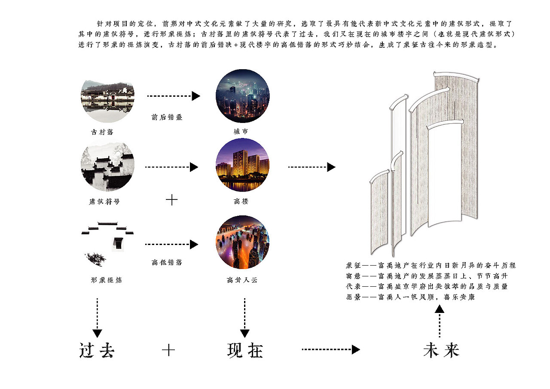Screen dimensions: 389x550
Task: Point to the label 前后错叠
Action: coord(167,117)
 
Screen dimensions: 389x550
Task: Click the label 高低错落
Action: coord(167,262)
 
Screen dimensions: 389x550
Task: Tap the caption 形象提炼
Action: coord(107,280)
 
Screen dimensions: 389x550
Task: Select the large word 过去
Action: coord(97,351)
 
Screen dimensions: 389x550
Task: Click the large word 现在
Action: coord(245,351)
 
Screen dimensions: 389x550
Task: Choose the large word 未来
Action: coord(441,351)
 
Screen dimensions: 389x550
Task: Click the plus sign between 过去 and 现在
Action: coord(168,350)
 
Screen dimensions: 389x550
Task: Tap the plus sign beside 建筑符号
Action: coord(171,199)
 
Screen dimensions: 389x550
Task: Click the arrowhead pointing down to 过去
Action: coord(98,333)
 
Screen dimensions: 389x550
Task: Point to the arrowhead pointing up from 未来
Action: coord(439,309)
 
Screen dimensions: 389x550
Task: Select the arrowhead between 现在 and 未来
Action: coord(355,350)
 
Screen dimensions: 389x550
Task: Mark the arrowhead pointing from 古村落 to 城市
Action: coord(196,96)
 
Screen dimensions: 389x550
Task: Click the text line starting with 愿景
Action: coord(410,297)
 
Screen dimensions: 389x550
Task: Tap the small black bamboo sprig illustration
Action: coord(95,259)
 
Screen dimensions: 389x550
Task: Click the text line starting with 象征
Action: coord(430,266)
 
